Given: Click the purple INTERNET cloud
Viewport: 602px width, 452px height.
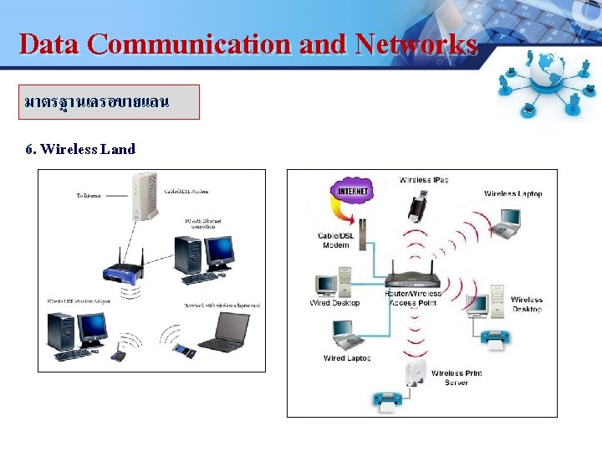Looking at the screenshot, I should click(353, 191).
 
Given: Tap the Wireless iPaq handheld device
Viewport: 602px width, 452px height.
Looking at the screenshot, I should click(418, 205).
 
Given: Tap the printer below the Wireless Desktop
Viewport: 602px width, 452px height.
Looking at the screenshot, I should click(494, 339).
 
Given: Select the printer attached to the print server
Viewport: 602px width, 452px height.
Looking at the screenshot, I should click(388, 400).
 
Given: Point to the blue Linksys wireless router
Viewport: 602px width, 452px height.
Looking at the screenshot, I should click(123, 270).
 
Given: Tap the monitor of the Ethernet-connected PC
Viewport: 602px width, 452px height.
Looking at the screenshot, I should click(219, 249).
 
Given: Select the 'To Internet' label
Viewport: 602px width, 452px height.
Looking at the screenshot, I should click(89, 196).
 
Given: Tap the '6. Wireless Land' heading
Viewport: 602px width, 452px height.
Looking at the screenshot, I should click(80, 149).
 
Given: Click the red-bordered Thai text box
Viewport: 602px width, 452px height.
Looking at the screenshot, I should click(110, 102).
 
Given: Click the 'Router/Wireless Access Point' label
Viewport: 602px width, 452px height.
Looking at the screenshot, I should click(412, 298).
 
